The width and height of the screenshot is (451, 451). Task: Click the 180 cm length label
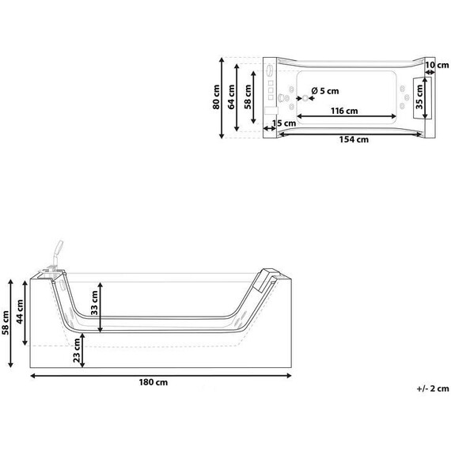pos(153,382)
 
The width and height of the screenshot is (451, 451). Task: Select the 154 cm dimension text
pos(354,139)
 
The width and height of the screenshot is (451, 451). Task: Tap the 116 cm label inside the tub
pos(344,111)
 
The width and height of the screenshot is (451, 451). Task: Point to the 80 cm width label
pos(216,97)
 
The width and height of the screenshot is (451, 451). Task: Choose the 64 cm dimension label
pos(232,97)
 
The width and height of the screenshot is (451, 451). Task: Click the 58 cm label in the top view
pos(248,97)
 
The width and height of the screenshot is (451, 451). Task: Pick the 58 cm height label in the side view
pos(6,323)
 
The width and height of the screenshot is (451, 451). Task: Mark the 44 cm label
pos(20,312)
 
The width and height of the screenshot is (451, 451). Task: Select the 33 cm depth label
pos(94,303)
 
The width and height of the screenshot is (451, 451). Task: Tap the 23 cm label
pos(77,351)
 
